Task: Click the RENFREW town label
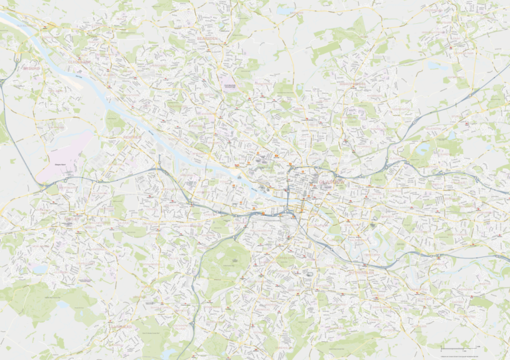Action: coord(135,137)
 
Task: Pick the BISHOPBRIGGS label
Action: coord(353,84)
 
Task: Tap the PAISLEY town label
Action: coord(73,218)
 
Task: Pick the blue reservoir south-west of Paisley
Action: coord(40,269)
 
